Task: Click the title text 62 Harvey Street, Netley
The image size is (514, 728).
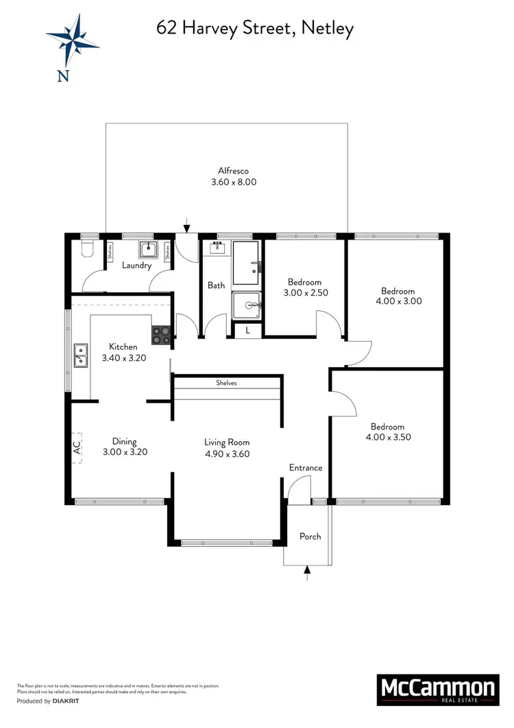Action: click(255, 27)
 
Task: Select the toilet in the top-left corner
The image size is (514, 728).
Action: click(85, 250)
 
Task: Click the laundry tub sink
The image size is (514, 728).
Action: click(147, 250)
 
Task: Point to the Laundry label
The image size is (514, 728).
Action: click(136, 266)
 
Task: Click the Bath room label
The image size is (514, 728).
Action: click(217, 285)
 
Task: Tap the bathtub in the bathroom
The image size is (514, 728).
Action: click(246, 263)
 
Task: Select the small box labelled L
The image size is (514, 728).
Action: click(247, 331)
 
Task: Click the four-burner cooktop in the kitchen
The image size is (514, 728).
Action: click(161, 335)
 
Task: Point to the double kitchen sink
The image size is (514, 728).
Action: click(82, 355)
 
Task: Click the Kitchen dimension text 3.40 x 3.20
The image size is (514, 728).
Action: click(124, 357)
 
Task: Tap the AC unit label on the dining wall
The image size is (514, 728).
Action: click(77, 447)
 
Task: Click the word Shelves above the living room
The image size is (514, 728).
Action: click(226, 383)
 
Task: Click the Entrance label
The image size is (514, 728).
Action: click(305, 468)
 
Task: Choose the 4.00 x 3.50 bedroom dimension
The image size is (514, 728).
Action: click(387, 436)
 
